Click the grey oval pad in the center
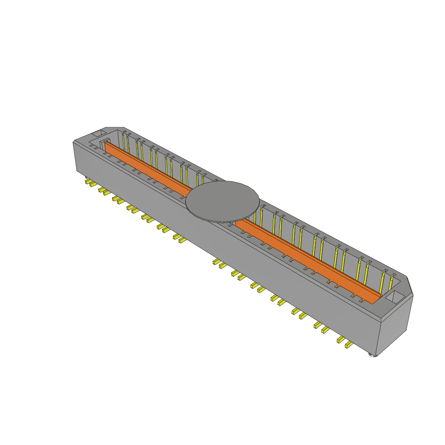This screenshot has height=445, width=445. pyautogui.click(x=222, y=201)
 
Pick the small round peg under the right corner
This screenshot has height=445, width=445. pyautogui.click(x=372, y=355)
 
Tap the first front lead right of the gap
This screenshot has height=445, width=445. pyautogui.click(x=216, y=262)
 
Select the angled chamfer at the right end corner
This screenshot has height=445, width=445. pyautogui.click(x=409, y=285)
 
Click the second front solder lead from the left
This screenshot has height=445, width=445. pyautogui.click(x=93, y=184)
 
